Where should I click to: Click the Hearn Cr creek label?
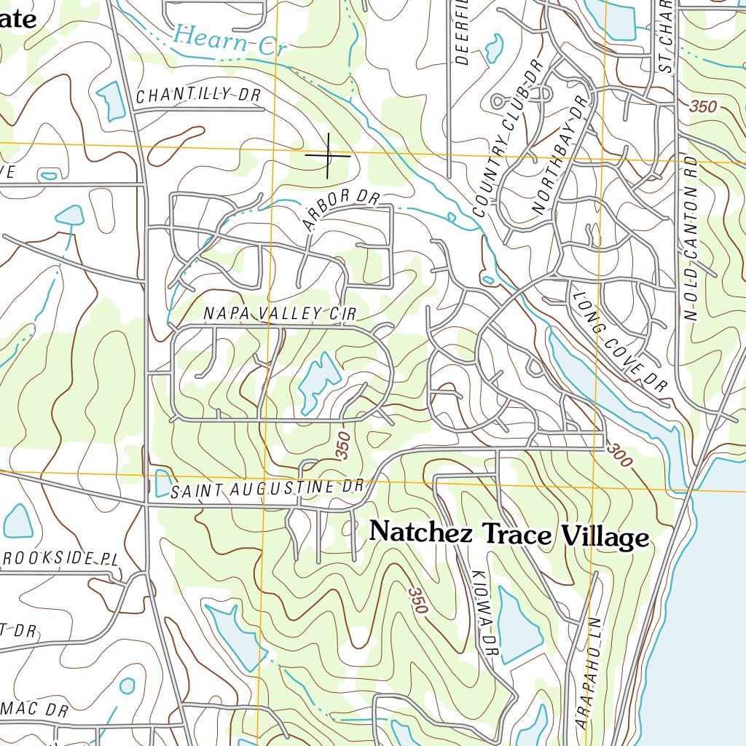[x=230, y=40]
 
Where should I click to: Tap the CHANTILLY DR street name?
[x=198, y=95]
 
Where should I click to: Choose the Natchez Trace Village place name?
[x=509, y=535]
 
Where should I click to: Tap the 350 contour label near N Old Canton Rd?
[x=702, y=106]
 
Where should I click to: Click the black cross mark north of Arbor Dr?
[x=328, y=155]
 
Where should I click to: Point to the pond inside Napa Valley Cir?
[x=318, y=381]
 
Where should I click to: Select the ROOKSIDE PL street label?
[x=60, y=559]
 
